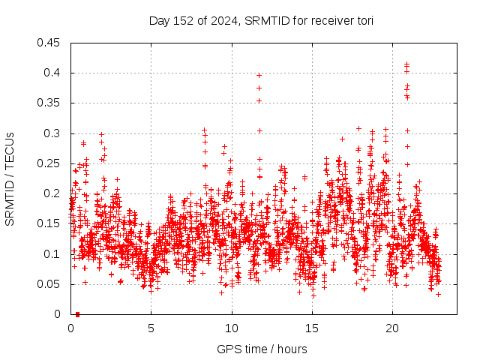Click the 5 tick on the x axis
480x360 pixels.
(x=151, y=328)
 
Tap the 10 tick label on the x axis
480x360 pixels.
(x=232, y=328)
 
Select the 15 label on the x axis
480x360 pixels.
(x=312, y=328)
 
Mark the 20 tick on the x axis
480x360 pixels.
(x=392, y=328)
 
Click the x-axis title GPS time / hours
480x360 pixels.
(x=262, y=349)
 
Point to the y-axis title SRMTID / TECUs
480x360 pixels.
(x=10, y=179)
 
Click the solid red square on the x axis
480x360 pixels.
(x=77, y=314)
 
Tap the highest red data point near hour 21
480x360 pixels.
(x=406, y=64)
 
